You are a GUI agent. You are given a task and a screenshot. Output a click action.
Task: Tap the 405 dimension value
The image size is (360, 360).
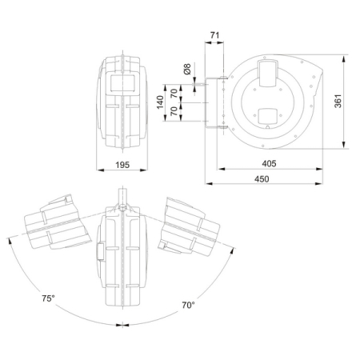pyautogui.click(x=269, y=163)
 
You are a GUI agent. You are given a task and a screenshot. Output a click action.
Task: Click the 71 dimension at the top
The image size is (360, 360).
pyautogui.click(x=214, y=34)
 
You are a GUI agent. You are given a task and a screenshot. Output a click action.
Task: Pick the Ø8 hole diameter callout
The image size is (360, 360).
pyautogui.click(x=188, y=70)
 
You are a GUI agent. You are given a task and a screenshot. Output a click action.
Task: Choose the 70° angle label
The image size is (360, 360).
pyautogui.click(x=187, y=305)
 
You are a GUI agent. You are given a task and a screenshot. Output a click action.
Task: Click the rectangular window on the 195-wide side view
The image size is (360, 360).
pyautogui.click(x=123, y=81)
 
